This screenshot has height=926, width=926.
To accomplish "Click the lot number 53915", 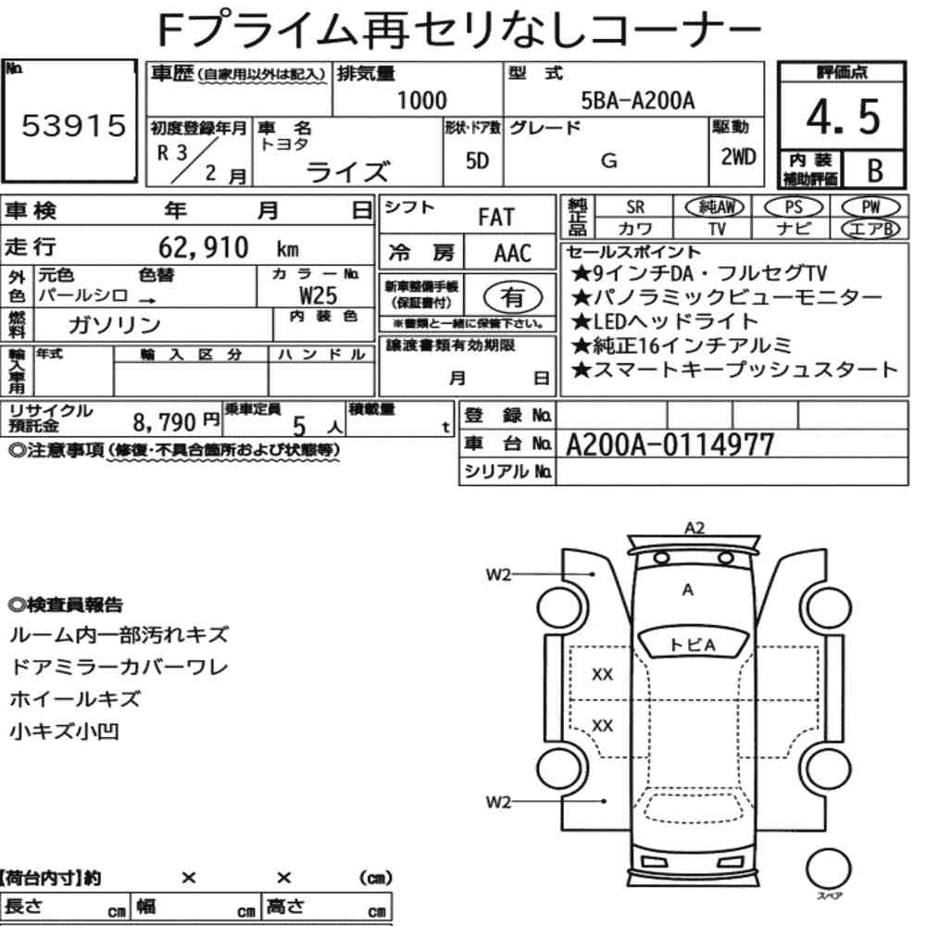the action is pyautogui.click(x=74, y=125).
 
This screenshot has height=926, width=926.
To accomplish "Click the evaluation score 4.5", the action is pyautogui.click(x=843, y=117).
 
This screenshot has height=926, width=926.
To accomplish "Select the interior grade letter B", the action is pyautogui.click(x=875, y=170).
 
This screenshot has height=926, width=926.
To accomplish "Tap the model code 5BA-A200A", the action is pyautogui.click(x=638, y=100).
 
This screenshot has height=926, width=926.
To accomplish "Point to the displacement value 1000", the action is pyautogui.click(x=421, y=100).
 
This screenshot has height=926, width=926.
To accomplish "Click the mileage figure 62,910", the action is pyautogui.click(x=203, y=247).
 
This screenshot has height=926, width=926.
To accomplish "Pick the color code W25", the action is pyautogui.click(x=319, y=294).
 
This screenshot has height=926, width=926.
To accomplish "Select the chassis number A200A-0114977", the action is pyautogui.click(x=669, y=444).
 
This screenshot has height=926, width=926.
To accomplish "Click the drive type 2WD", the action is pyautogui.click(x=738, y=157).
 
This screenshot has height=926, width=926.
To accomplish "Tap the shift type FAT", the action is pyautogui.click(x=496, y=218).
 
